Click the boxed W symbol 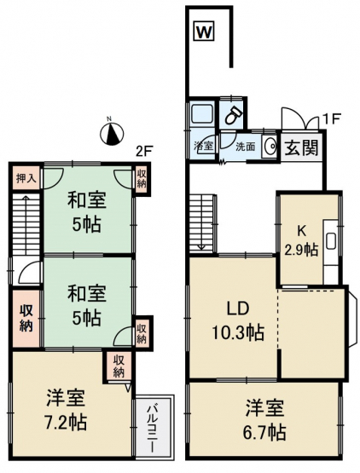tap(204, 31)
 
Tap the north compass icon tap(112, 134)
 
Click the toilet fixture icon tap(234, 115)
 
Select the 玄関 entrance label tap(302, 148)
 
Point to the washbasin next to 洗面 tap(270, 147)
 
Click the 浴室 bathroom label tap(203, 147)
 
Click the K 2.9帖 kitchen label tap(301, 241)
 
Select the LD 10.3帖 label tap(238, 320)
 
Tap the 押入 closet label tap(26, 179)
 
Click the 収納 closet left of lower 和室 tap(26, 318)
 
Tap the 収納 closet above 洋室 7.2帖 tap(119, 366)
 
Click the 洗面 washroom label tap(245, 147)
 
